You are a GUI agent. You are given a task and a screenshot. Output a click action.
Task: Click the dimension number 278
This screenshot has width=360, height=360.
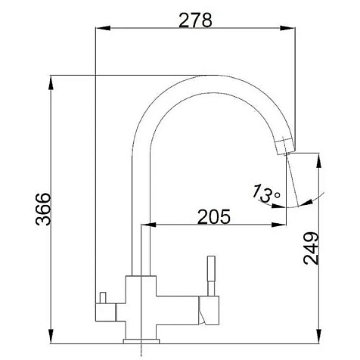[195, 20]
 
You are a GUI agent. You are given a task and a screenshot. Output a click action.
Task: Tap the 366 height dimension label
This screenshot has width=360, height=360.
[43, 209]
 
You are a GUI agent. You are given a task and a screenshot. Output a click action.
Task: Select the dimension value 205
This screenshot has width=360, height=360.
[214, 216]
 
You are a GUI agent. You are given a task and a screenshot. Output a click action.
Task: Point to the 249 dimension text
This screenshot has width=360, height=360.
[311, 249]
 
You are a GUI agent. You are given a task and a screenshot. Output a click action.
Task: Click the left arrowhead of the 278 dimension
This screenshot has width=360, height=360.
[103, 28]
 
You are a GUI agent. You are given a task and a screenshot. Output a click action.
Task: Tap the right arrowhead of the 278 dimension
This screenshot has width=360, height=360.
[287, 28]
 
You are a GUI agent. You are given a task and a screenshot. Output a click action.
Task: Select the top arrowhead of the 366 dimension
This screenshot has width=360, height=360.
[51, 83]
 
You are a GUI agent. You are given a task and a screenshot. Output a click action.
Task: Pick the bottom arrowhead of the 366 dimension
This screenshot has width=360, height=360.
[51, 336]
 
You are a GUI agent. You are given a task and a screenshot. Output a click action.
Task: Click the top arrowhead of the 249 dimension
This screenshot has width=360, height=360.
[319, 160]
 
